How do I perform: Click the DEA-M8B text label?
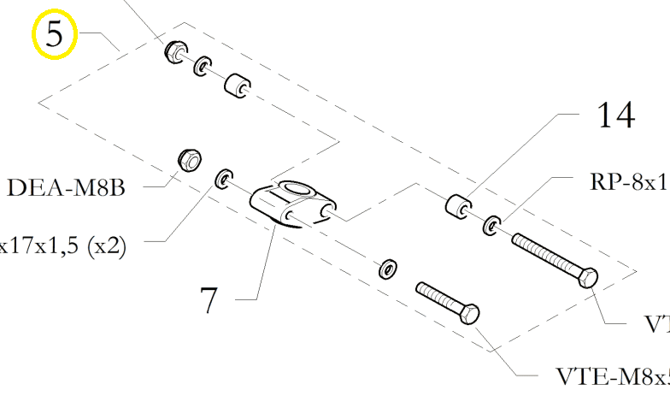point(66,187)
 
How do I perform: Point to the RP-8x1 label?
point(628,182)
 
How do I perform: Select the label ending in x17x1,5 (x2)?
point(63,247)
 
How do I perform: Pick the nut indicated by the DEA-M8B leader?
point(188,159)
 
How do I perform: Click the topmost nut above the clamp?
point(175,50)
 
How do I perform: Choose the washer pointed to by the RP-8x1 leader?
point(492,226)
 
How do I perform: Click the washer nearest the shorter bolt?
point(387,269)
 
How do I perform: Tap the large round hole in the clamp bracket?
point(295,189)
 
